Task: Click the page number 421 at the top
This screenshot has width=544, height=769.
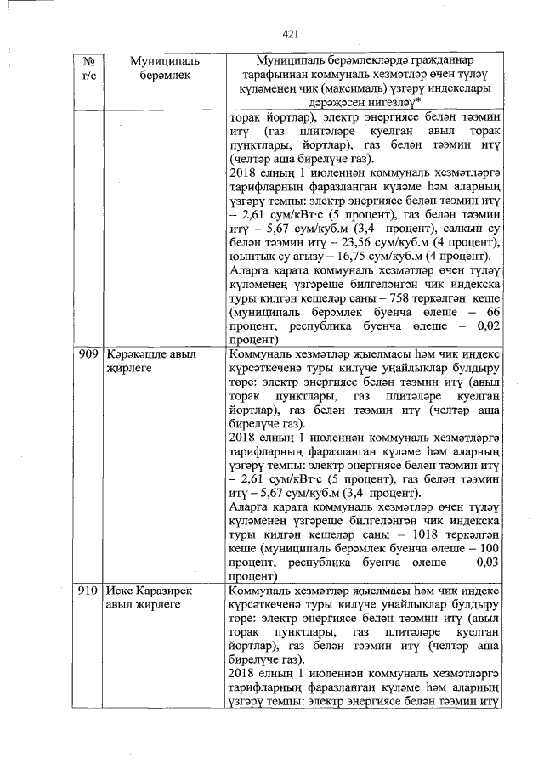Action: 291,34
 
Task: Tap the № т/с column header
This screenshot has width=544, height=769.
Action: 88,69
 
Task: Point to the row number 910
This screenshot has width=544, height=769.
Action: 88,590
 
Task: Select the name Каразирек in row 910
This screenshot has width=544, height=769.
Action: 163,590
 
